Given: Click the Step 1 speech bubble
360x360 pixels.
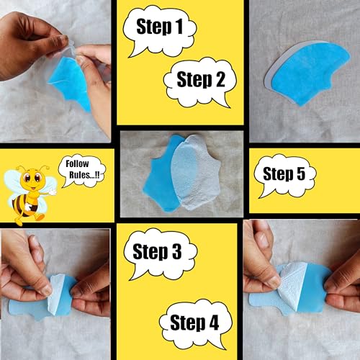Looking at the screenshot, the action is pos(160,30).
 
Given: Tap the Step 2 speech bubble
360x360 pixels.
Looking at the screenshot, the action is pos(200,81).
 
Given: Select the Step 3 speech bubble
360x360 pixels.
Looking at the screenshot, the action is pos(161,253).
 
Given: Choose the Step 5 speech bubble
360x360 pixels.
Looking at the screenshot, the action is pos(285,175).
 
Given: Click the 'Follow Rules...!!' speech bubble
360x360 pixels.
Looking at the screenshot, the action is pos(81,171).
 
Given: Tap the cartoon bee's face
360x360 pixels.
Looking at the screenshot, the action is pos(33,178).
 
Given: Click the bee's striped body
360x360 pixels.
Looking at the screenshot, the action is pos(24,204).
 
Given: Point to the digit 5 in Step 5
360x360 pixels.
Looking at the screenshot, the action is pos(301,174).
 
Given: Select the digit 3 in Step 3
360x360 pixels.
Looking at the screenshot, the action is pos(176,251).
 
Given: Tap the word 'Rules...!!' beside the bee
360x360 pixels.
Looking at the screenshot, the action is pos(84,175).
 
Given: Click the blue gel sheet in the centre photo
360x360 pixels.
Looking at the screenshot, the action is pos(160,178).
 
